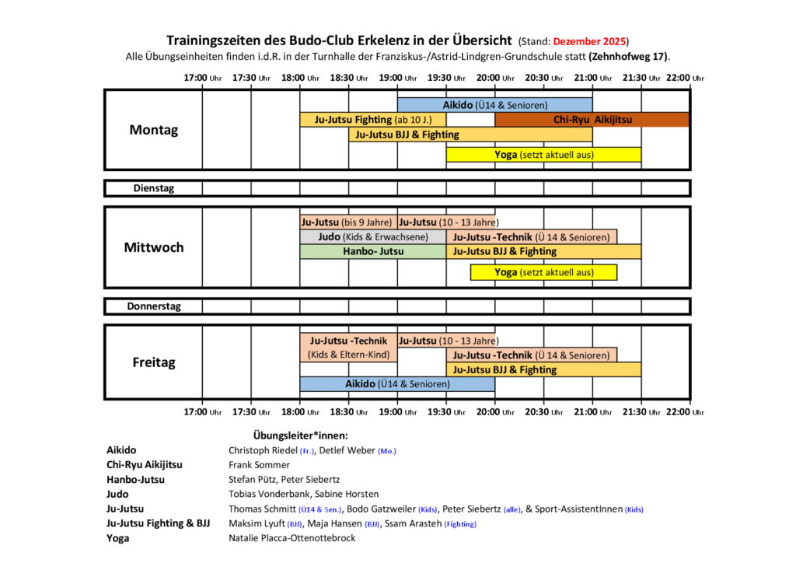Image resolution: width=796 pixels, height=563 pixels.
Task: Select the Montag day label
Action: (x=153, y=130)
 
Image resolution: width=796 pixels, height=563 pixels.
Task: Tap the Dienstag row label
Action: (x=153, y=188)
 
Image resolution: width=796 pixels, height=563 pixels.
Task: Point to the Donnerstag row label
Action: (x=153, y=306)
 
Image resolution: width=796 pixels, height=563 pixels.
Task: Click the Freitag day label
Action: (x=153, y=362)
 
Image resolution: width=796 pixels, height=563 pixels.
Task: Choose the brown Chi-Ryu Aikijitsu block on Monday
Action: (x=592, y=120)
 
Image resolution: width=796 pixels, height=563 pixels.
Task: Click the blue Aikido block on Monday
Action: (x=494, y=105)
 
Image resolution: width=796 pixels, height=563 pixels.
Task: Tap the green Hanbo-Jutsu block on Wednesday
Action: (x=373, y=251)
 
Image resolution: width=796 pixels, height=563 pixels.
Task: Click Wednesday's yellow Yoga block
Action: (x=543, y=272)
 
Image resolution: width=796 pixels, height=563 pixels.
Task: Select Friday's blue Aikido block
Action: (x=397, y=383)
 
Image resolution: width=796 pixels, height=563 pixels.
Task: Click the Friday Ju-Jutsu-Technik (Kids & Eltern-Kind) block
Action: (x=348, y=348)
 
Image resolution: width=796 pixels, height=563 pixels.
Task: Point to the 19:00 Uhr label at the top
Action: (x=397, y=77)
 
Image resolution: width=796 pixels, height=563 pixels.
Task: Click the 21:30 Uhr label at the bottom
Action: (x=641, y=411)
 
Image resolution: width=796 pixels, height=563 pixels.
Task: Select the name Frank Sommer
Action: (x=259, y=464)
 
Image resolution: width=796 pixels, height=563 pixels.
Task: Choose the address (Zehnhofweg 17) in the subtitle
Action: (x=629, y=57)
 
